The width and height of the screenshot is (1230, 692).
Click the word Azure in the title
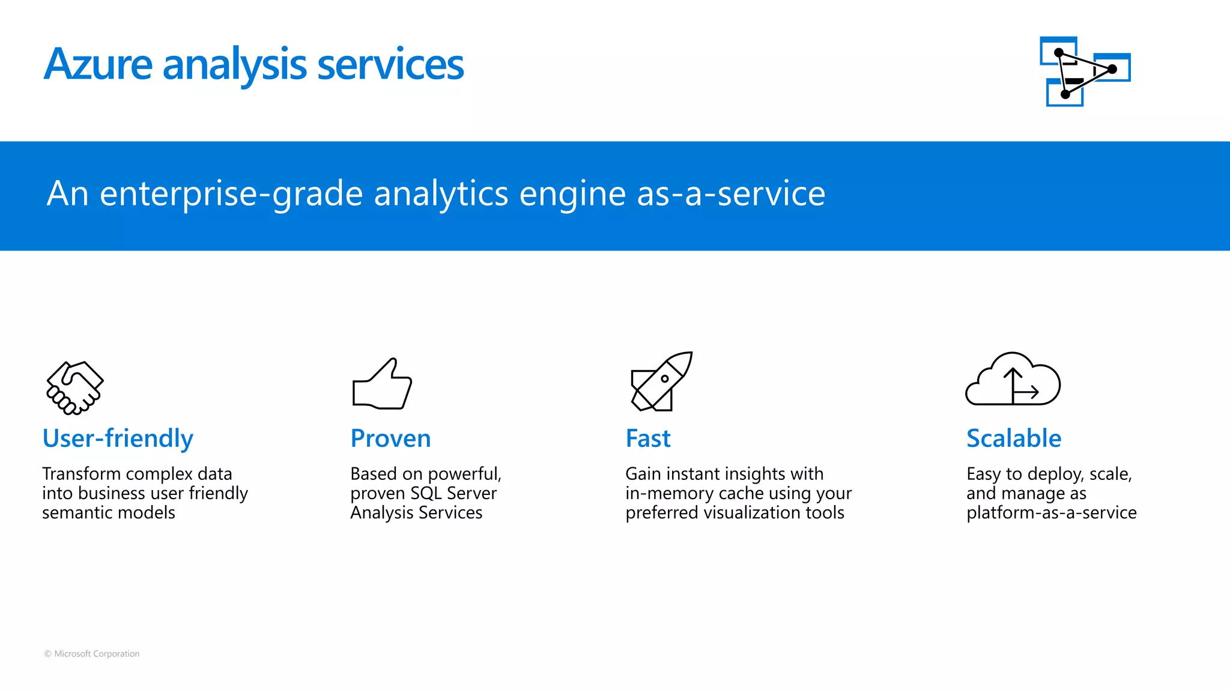[98, 64]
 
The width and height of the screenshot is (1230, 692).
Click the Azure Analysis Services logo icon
[1085, 71]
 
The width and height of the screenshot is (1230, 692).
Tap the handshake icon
[75, 387]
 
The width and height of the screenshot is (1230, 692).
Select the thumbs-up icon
[382, 384]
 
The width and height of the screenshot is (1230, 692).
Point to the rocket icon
[661, 381]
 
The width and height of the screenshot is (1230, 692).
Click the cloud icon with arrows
[1013, 380]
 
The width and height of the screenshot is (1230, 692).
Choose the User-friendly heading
[118, 439]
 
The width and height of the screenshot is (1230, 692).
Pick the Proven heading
[390, 439]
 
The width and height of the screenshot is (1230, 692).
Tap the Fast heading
[648, 439]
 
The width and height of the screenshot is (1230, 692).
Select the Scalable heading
[1014, 439]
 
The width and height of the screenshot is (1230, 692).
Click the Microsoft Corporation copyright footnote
[92, 654]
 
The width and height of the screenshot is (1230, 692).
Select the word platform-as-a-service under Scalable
[1051, 512]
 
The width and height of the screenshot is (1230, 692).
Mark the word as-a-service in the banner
[730, 193]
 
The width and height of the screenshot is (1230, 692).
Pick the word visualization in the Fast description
[762, 512]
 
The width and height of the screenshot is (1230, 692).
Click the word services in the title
[390, 64]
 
